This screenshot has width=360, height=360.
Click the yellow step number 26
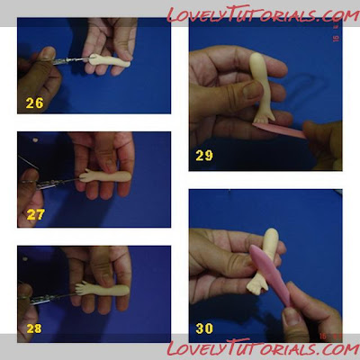[x=34, y=103]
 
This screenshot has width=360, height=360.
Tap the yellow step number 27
[x=36, y=214]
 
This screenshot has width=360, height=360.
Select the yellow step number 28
[x=34, y=328]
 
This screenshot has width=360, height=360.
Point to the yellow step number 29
[x=204, y=156]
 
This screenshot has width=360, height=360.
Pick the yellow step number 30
[x=204, y=328]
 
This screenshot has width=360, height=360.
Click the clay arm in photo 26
[x=110, y=60]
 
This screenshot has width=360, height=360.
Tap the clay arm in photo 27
[x=105, y=176]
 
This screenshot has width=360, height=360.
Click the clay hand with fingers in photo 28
[x=83, y=288]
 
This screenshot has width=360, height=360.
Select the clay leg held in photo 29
[x=260, y=87]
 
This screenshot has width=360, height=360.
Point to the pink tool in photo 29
[x=280, y=130]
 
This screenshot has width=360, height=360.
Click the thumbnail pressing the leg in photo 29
[x=252, y=90]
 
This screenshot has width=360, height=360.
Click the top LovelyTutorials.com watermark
[x=263, y=13]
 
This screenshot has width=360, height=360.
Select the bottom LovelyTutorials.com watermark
[x=263, y=348]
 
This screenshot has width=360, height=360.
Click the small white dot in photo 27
[x=36, y=139]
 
